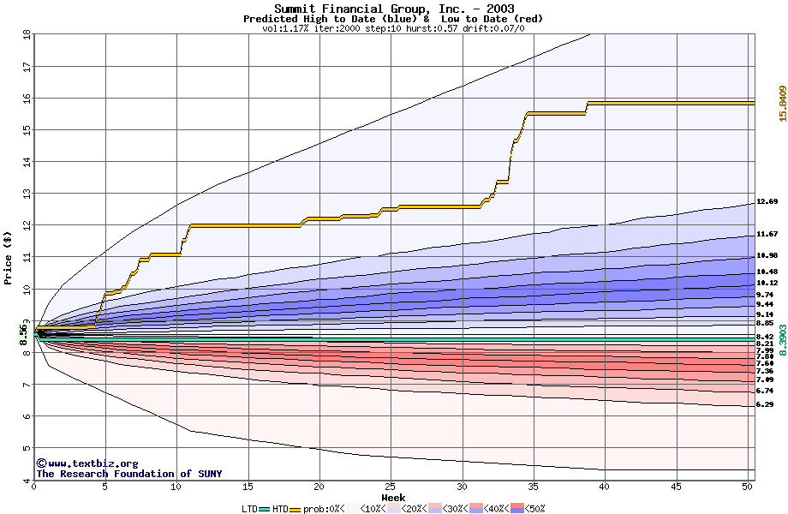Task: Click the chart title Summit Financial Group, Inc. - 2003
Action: point(394,9)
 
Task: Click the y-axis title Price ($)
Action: point(9,258)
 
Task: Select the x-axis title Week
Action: point(394,498)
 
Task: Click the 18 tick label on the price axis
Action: point(27,34)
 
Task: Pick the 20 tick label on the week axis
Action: point(319,487)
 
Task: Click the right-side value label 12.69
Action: point(767,202)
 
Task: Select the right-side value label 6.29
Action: point(765,404)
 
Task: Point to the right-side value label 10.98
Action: point(767,256)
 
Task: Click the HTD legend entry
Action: point(280,508)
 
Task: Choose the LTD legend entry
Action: point(250,508)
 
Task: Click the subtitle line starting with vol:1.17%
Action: point(393,28)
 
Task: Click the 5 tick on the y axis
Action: point(27,448)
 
